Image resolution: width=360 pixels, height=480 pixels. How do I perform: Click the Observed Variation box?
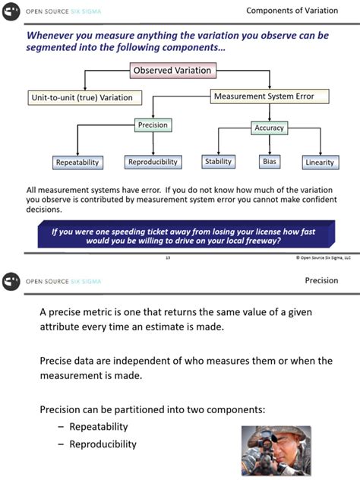pyautogui.click(x=173, y=71)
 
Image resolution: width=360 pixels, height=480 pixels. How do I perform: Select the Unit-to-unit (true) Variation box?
pyautogui.click(x=81, y=98)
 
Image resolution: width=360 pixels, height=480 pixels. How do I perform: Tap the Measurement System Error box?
pyautogui.click(x=270, y=96)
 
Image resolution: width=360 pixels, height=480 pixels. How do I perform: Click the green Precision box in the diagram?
pyautogui.click(x=152, y=125)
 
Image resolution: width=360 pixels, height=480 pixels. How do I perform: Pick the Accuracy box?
pyautogui.click(x=269, y=128)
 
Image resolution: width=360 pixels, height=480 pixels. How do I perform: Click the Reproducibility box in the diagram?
pyautogui.click(x=153, y=162)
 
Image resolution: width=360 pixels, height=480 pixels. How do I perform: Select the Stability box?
pyautogui.click(x=218, y=161)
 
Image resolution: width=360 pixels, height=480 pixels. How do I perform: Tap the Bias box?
pyautogui.click(x=270, y=161)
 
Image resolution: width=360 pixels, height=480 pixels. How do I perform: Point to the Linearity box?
pyautogui.click(x=319, y=162)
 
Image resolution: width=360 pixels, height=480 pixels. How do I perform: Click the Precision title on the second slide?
pyautogui.click(x=321, y=280)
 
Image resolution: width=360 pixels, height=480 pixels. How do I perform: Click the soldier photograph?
pyautogui.click(x=276, y=450)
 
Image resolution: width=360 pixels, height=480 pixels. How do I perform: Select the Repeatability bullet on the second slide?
pyautogui.click(x=98, y=427)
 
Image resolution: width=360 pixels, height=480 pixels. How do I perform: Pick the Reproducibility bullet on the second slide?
pyautogui.click(x=103, y=444)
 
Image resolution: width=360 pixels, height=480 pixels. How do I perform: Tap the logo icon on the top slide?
pyautogui.click(x=12, y=11)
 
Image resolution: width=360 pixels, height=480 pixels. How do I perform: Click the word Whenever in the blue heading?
pyautogui.click(x=54, y=35)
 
